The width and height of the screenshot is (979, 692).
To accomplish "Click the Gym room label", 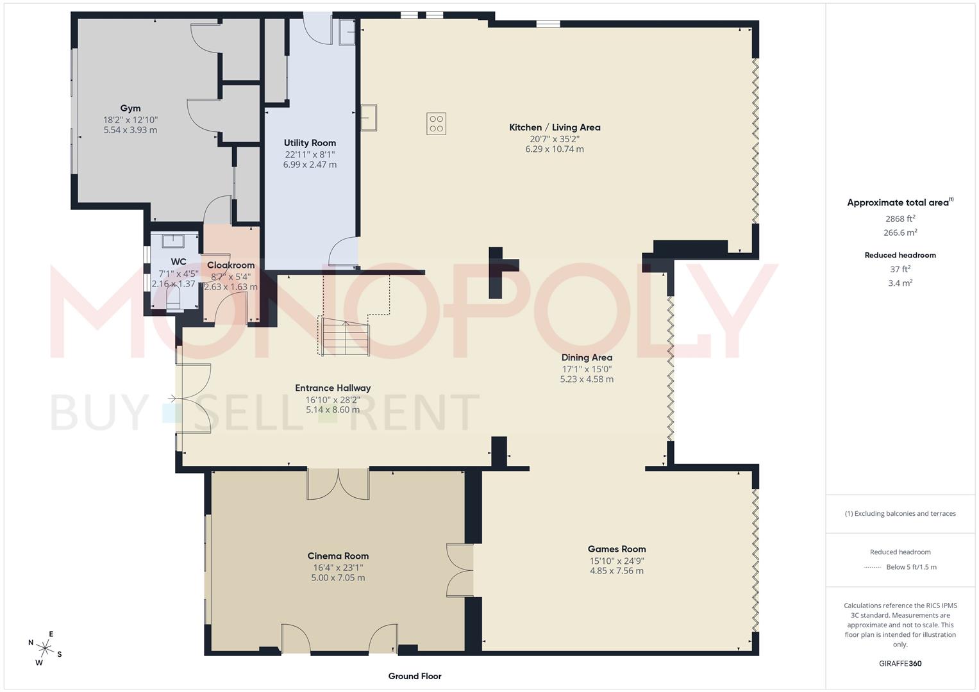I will coord(130,108).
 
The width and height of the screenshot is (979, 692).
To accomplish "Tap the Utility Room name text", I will coord(310,143).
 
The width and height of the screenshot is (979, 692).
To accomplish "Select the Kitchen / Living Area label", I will coord(555,128).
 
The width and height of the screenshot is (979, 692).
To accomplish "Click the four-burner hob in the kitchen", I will coord(437,124).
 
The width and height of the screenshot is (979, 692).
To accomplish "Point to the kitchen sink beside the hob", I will coord(369,117).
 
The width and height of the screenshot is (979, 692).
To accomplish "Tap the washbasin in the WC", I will coord(174,241).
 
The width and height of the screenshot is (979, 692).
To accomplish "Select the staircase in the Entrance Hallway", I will coord(346,337).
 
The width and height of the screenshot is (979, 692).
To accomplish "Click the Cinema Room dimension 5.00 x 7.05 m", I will coord(338,578).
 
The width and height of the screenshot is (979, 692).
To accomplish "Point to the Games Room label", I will coord(617,549).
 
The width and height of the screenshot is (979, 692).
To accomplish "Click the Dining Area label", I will coord(587,358).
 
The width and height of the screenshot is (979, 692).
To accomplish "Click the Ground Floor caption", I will coord(415,676).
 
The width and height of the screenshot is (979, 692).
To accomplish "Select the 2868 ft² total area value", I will coord(900,218).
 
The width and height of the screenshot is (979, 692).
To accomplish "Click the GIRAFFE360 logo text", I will coord(900,663).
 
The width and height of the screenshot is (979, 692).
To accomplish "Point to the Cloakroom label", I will coord(231,265).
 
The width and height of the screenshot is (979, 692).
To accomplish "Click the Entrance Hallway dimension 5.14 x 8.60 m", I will coord(333,410).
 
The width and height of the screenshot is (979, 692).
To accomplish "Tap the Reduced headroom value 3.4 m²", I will coord(900,283).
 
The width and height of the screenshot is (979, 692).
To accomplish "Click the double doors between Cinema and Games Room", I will coord(460,570).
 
